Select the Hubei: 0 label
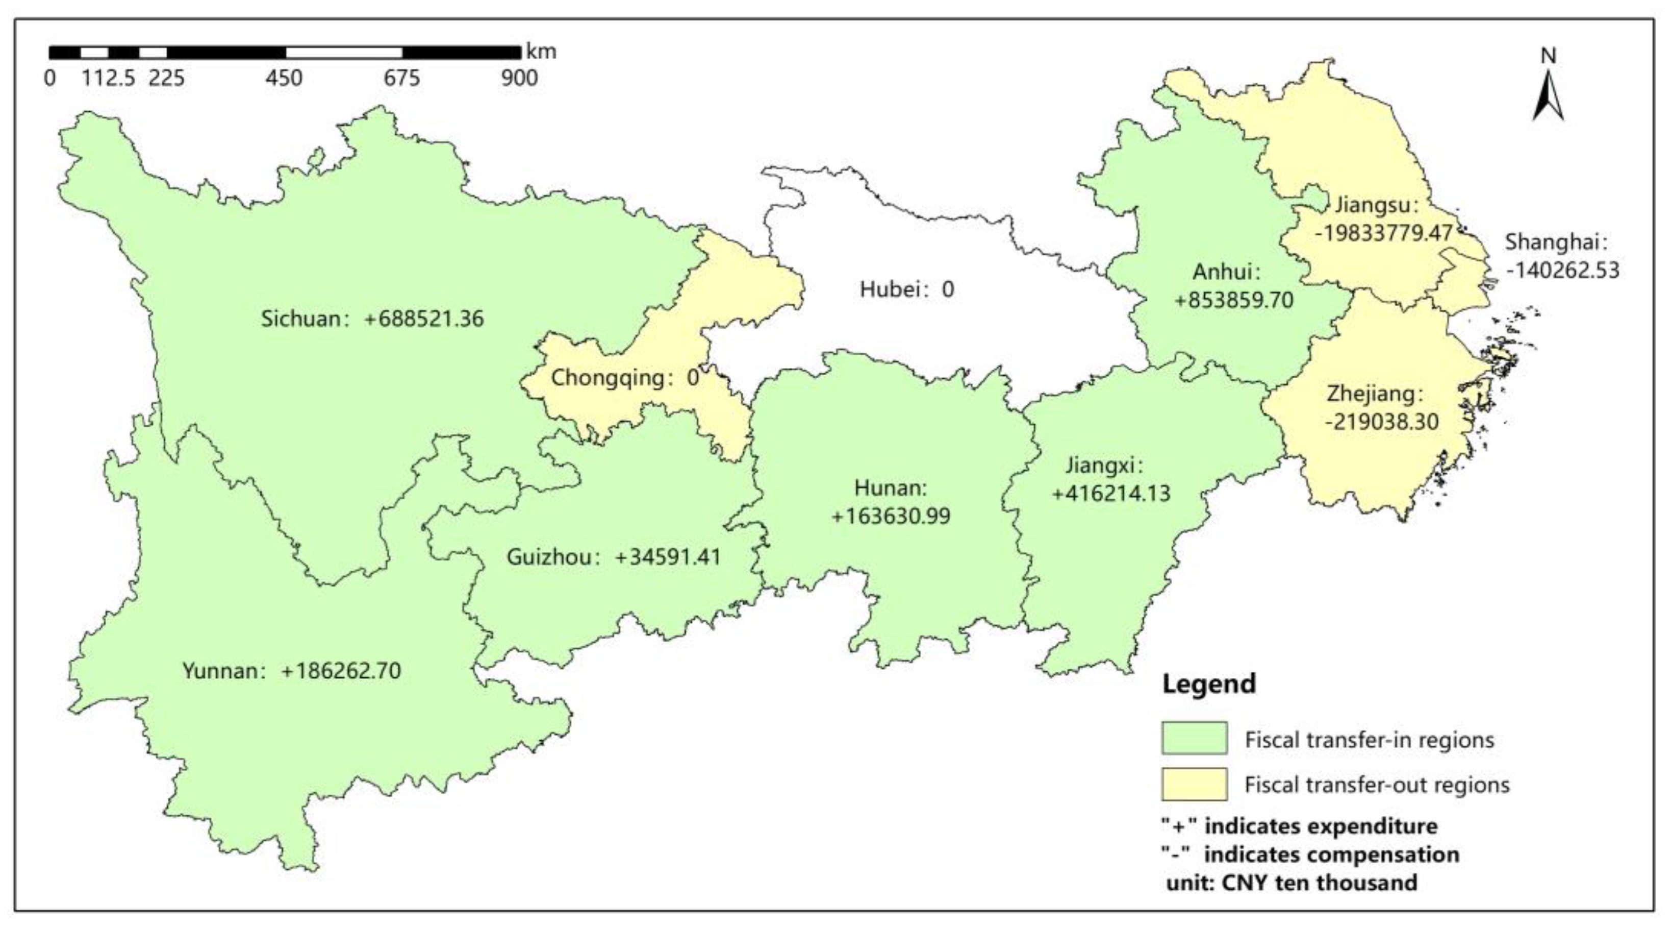point(907,289)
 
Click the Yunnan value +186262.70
point(341,670)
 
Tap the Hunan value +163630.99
point(891,516)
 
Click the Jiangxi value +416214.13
point(1111,493)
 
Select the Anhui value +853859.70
point(1234,300)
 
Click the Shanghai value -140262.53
point(1562,270)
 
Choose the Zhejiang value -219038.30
point(1382,422)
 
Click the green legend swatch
point(1194,738)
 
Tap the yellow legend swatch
point(1194,784)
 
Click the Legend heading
point(1208,684)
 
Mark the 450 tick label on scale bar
point(284,79)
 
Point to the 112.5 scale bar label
point(108,79)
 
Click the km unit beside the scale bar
point(541,51)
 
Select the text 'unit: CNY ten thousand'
point(1291,883)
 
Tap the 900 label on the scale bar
point(519,79)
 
